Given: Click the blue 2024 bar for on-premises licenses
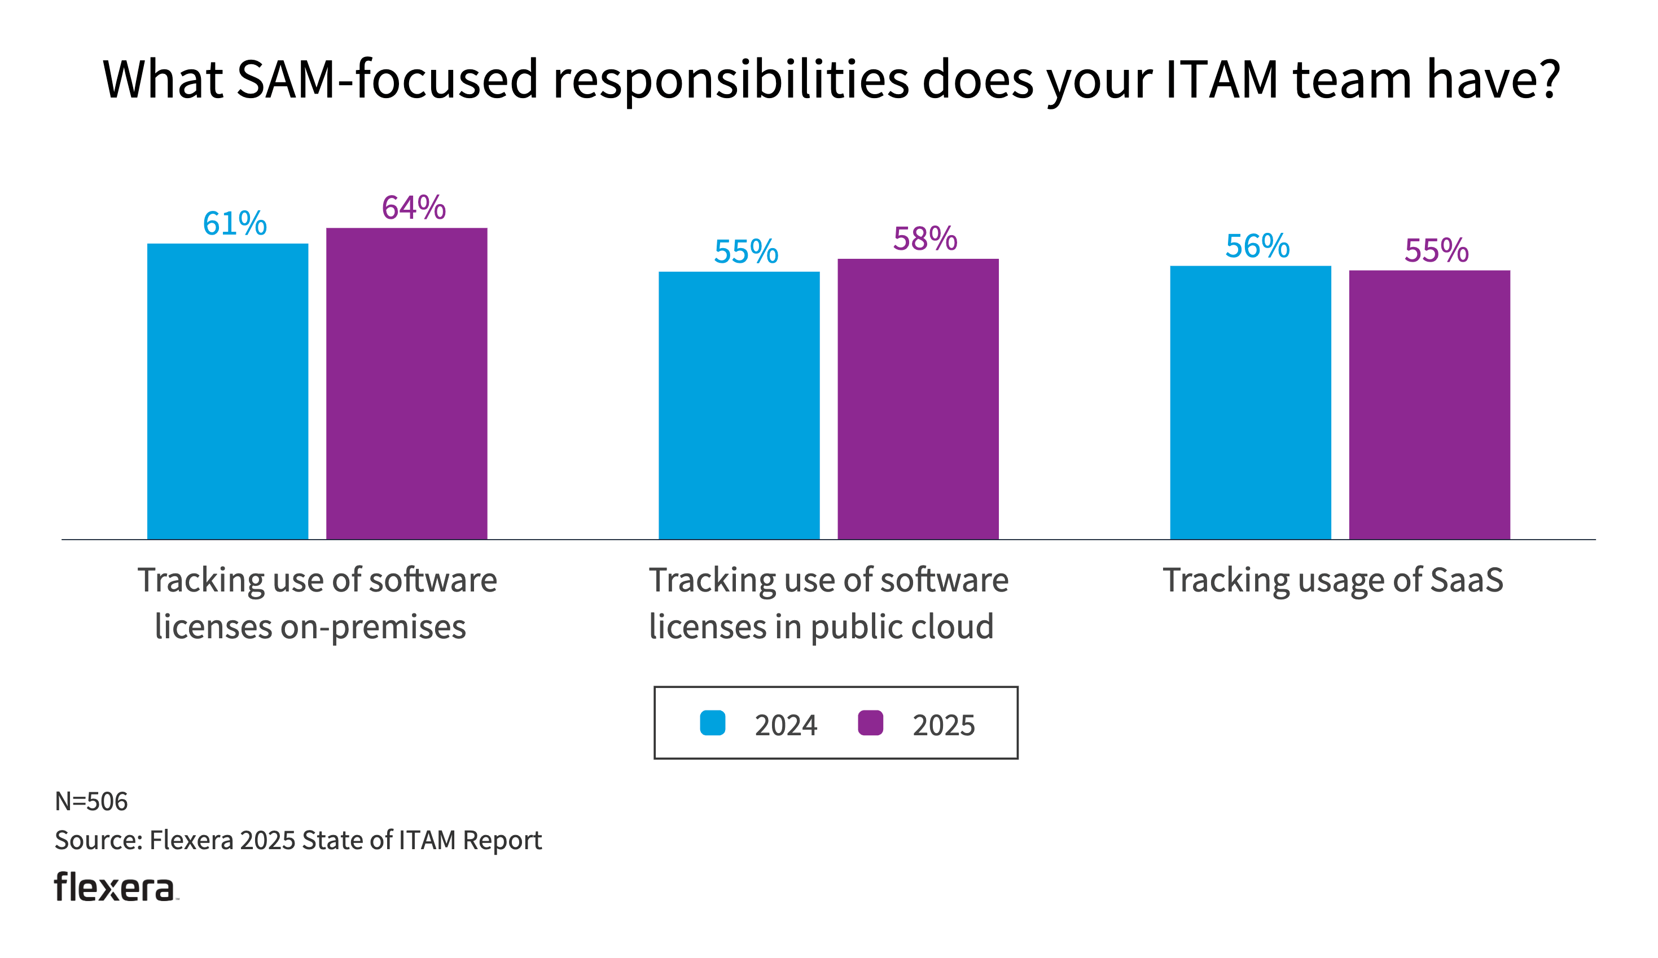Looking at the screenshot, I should tap(227, 391).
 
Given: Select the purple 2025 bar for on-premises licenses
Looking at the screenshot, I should tap(407, 383).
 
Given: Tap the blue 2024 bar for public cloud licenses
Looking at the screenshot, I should tap(739, 405).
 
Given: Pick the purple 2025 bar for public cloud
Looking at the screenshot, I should tap(918, 399).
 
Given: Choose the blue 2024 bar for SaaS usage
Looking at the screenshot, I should tap(1250, 403).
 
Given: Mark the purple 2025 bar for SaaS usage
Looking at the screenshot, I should tap(1429, 404).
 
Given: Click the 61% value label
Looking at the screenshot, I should tap(235, 223).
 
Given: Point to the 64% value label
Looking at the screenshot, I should tap(414, 208).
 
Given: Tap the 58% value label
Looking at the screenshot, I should tap(925, 239).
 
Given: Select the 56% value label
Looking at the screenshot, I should tap(1257, 246).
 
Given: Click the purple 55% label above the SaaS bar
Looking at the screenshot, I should tap(1436, 250).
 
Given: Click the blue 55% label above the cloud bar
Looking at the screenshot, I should tap(746, 252).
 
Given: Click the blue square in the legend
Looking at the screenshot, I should tap(713, 723).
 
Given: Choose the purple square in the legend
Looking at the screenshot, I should tap(870, 723).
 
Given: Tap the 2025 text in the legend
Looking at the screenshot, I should tap(944, 725).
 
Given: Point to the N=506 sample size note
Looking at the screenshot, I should tap(91, 801).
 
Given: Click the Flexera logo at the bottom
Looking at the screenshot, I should tap(115, 887).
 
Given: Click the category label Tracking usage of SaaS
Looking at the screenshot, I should tap(1333, 580).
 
